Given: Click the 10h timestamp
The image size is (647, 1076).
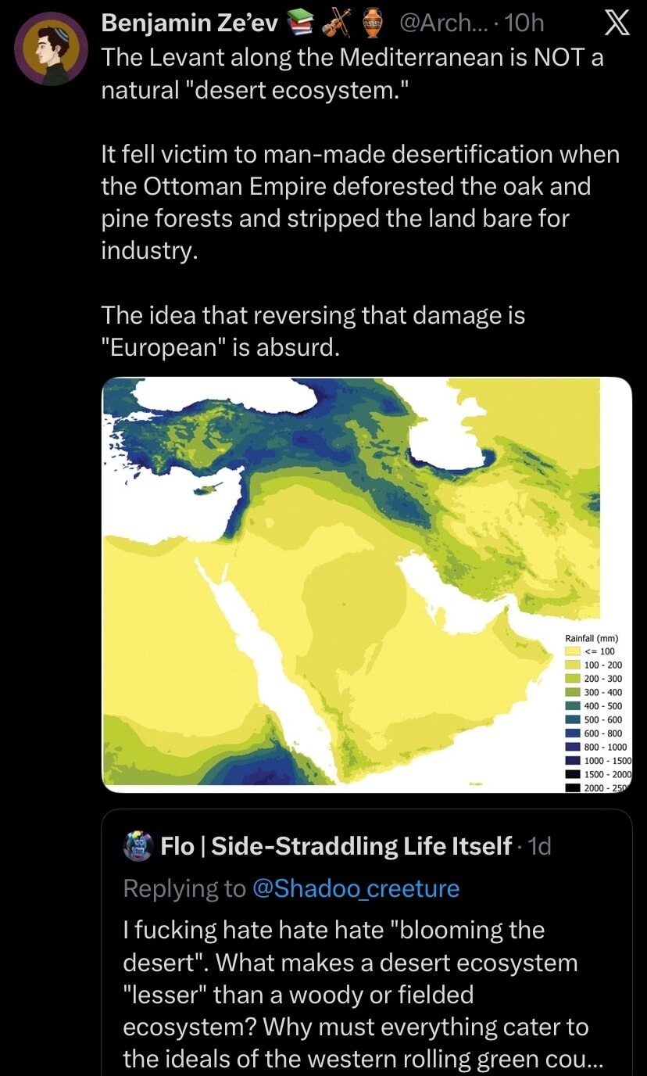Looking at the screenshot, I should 524,24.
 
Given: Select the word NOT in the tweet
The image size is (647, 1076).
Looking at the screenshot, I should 553,58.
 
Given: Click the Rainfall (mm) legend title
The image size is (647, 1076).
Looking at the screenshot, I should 592,638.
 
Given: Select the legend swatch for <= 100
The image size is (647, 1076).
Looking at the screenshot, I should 572,651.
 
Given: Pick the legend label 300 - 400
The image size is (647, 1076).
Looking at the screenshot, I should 603,692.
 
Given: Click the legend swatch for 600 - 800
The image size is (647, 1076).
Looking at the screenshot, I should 572,733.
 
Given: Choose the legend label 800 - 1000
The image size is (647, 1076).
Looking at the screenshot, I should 606,747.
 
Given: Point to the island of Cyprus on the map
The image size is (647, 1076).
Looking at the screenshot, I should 209,489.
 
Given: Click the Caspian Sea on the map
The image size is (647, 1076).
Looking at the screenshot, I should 445,438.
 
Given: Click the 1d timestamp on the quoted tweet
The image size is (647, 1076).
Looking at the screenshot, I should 540,846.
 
